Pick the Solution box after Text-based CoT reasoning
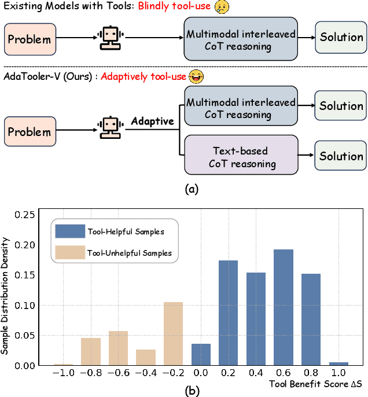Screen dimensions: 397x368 tap(341, 156)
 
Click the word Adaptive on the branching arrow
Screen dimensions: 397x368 tap(152, 122)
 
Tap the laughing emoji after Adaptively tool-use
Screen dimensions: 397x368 tap(198, 76)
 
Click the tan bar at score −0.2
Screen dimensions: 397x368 tap(173, 333)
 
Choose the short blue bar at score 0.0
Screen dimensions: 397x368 tap(201, 354)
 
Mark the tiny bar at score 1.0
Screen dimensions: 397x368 tap(339, 363)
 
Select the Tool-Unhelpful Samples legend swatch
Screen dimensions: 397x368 tap(69, 252)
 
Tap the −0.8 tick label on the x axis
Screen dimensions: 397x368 tap(90, 374)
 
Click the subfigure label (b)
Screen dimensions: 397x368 tap(191, 391)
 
